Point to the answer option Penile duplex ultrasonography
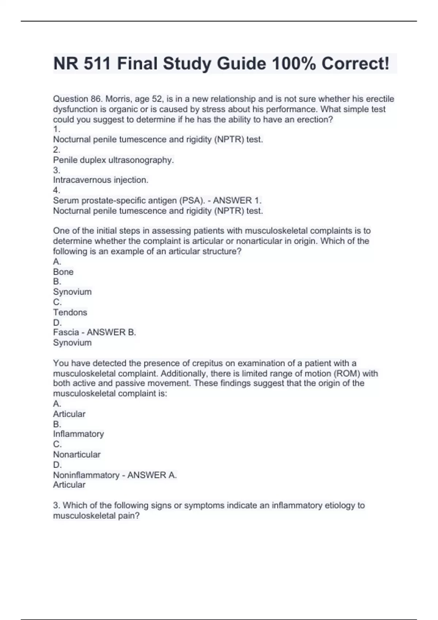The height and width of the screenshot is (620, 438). pyautogui.click(x=114, y=160)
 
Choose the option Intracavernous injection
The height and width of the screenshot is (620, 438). pyautogui.click(x=101, y=180)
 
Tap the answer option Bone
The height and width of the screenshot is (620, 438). pyautogui.click(x=63, y=272)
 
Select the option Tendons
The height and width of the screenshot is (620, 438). pyautogui.click(x=70, y=312)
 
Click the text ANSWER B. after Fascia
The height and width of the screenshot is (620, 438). pyautogui.click(x=111, y=332)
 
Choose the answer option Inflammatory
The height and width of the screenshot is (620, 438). pyautogui.click(x=78, y=434)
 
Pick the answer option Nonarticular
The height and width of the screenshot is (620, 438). pyautogui.click(x=77, y=454)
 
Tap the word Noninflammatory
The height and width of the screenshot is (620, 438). pyautogui.click(x=86, y=475)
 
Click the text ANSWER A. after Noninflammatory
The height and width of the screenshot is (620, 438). pyautogui.click(x=152, y=475)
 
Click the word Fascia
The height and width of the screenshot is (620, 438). pyautogui.click(x=66, y=332)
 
